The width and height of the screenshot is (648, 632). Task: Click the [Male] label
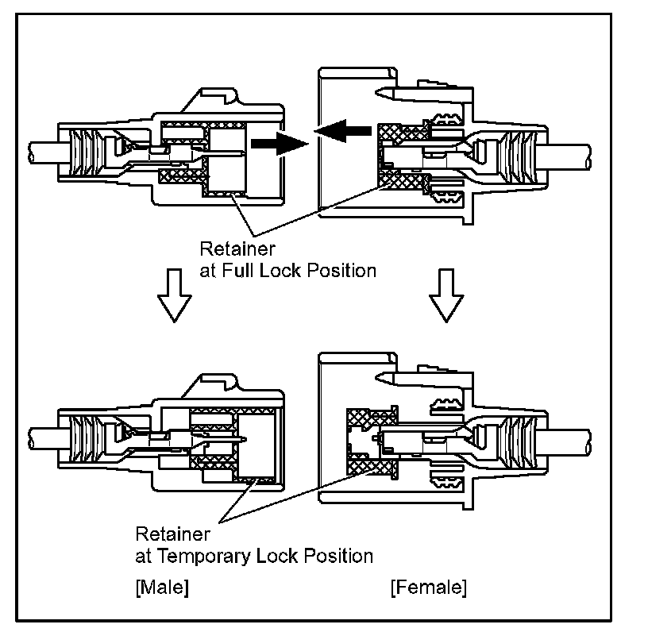162,588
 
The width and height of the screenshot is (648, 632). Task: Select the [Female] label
429,588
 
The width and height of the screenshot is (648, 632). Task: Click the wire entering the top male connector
40,148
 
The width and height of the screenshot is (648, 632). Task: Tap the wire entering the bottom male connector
40,437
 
